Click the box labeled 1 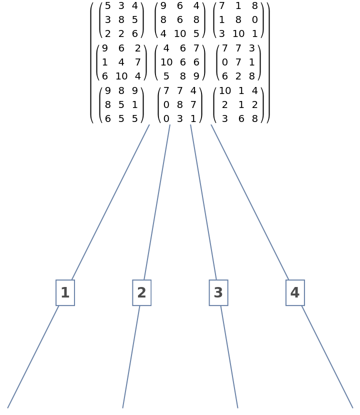tap(65, 293)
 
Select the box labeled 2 tap(141, 293)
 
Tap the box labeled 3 tap(218, 293)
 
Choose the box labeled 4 tap(294, 293)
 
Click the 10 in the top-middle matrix tap(180, 34)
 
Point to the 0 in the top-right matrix tap(254, 20)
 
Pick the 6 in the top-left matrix tap(134, 34)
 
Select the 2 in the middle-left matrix tap(137, 48)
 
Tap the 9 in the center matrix tap(196, 76)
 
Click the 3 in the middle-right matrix tap(251, 48)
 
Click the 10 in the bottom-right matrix tap(225, 91)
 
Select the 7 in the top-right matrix tap(222, 6)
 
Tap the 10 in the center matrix tap(166, 62)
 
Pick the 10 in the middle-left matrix tap(121, 76)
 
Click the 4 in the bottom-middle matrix tap(193, 91)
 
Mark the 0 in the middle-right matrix tap(225, 62)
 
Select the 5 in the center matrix tap(166, 76)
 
